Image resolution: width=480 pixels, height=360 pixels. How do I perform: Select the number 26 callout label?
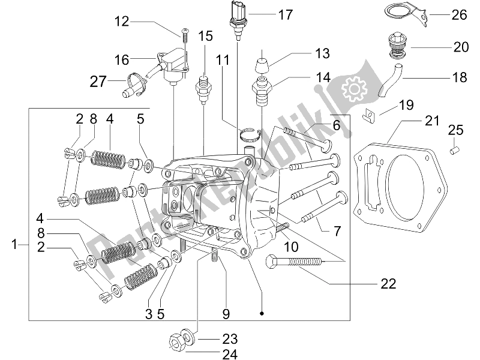(458, 15)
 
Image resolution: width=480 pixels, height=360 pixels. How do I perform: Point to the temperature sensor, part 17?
(238, 18)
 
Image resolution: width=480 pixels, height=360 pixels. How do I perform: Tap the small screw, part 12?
(185, 35)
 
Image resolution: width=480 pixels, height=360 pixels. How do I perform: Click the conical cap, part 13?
(262, 64)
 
